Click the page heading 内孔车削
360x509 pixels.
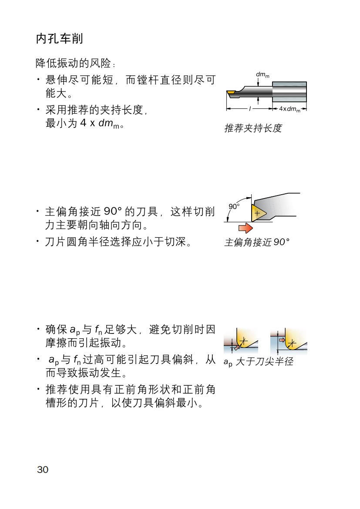[x=59, y=38]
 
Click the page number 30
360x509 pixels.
[x=43, y=469]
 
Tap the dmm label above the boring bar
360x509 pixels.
[x=262, y=75]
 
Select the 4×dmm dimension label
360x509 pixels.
[x=290, y=109]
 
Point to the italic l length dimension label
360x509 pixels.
[x=250, y=109]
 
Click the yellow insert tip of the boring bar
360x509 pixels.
[x=231, y=93]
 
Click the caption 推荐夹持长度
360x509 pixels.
[x=253, y=128]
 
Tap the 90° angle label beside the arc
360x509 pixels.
[x=234, y=206]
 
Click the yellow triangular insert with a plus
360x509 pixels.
[x=257, y=213]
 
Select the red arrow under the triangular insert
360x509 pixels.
[x=246, y=228]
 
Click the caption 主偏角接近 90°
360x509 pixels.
[x=257, y=242]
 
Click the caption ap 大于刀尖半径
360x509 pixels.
[x=258, y=361]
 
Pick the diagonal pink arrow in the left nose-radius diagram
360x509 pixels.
[x=237, y=347]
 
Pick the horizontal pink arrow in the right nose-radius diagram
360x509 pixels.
[x=282, y=340]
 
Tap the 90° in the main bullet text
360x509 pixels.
[x=113, y=212]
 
